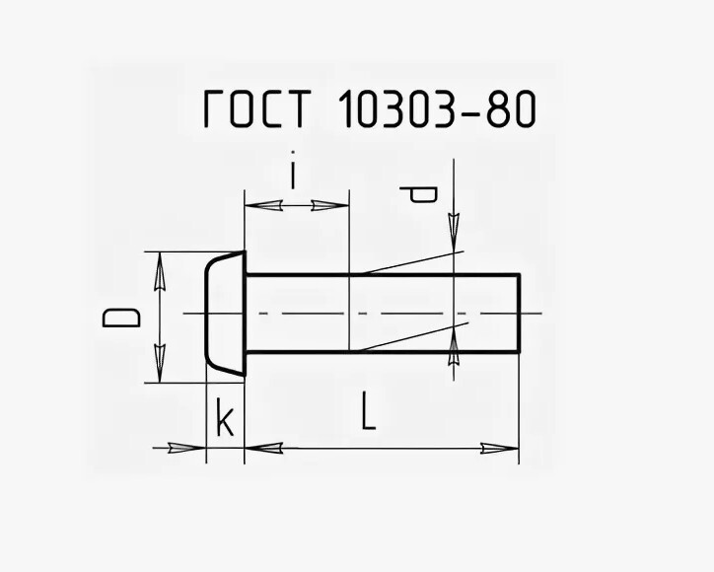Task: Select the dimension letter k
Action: coord(225,421)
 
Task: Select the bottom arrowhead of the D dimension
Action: coord(158,366)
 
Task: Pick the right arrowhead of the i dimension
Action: coord(330,205)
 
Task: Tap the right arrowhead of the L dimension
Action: coord(501,449)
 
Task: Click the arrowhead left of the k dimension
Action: coord(183,449)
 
